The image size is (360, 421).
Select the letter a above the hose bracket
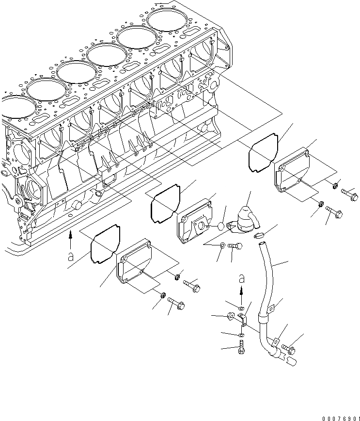(242, 280)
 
